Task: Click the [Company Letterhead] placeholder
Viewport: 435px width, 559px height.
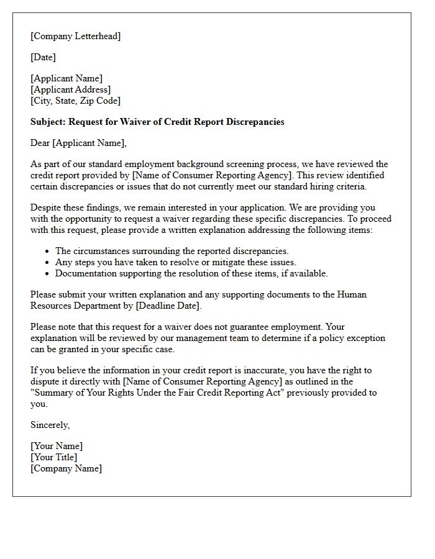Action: [75, 36]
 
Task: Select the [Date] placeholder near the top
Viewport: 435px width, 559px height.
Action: [43, 57]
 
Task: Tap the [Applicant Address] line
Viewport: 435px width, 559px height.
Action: [70, 89]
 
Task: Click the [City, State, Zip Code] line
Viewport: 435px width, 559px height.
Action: [75, 101]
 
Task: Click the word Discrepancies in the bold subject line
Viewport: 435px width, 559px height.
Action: [254, 122]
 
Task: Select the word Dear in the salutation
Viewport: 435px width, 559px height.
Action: [40, 143]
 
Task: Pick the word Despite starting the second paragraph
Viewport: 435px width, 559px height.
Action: [46, 207]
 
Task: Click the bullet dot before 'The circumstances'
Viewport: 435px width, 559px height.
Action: [47, 252]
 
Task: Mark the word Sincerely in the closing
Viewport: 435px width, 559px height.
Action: [49, 425]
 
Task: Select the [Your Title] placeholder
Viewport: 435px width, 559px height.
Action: [54, 457]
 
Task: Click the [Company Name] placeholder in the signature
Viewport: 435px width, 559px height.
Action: [66, 468]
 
